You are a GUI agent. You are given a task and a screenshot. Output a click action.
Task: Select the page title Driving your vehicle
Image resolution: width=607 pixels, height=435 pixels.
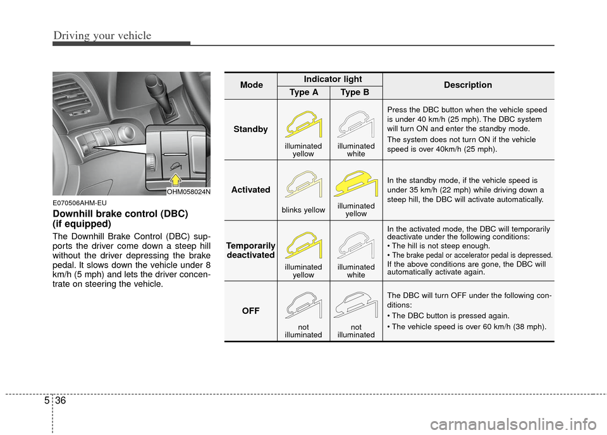coord(102,35)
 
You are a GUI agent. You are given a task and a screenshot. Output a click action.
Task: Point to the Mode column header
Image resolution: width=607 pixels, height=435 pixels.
coord(251,85)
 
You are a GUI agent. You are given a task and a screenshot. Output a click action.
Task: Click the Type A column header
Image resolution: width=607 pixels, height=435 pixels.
coord(303,92)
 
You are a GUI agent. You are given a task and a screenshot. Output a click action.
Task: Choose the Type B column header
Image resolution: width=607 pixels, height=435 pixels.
coord(356,92)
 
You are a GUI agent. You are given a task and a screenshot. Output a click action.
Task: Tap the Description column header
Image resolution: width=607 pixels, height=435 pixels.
coord(468,85)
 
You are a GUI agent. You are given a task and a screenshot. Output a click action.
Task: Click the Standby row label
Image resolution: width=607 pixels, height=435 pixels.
coord(251,129)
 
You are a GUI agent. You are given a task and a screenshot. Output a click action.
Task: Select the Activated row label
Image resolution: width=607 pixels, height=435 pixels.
coord(251,189)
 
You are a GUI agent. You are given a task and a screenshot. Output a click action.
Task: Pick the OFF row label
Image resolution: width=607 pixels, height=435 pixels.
coord(251,311)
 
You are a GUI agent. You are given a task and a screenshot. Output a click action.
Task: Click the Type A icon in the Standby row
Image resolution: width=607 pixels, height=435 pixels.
coord(303,123)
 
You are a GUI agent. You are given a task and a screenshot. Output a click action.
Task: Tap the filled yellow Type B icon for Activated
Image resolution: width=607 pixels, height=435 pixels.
coord(356,184)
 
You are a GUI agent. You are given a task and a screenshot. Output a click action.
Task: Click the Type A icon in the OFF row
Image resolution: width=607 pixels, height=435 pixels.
coord(303,306)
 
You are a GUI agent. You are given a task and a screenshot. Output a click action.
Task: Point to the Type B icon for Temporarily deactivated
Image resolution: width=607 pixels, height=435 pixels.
coord(356,245)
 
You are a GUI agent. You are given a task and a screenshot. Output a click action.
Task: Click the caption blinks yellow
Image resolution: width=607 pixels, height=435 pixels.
coord(303,210)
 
